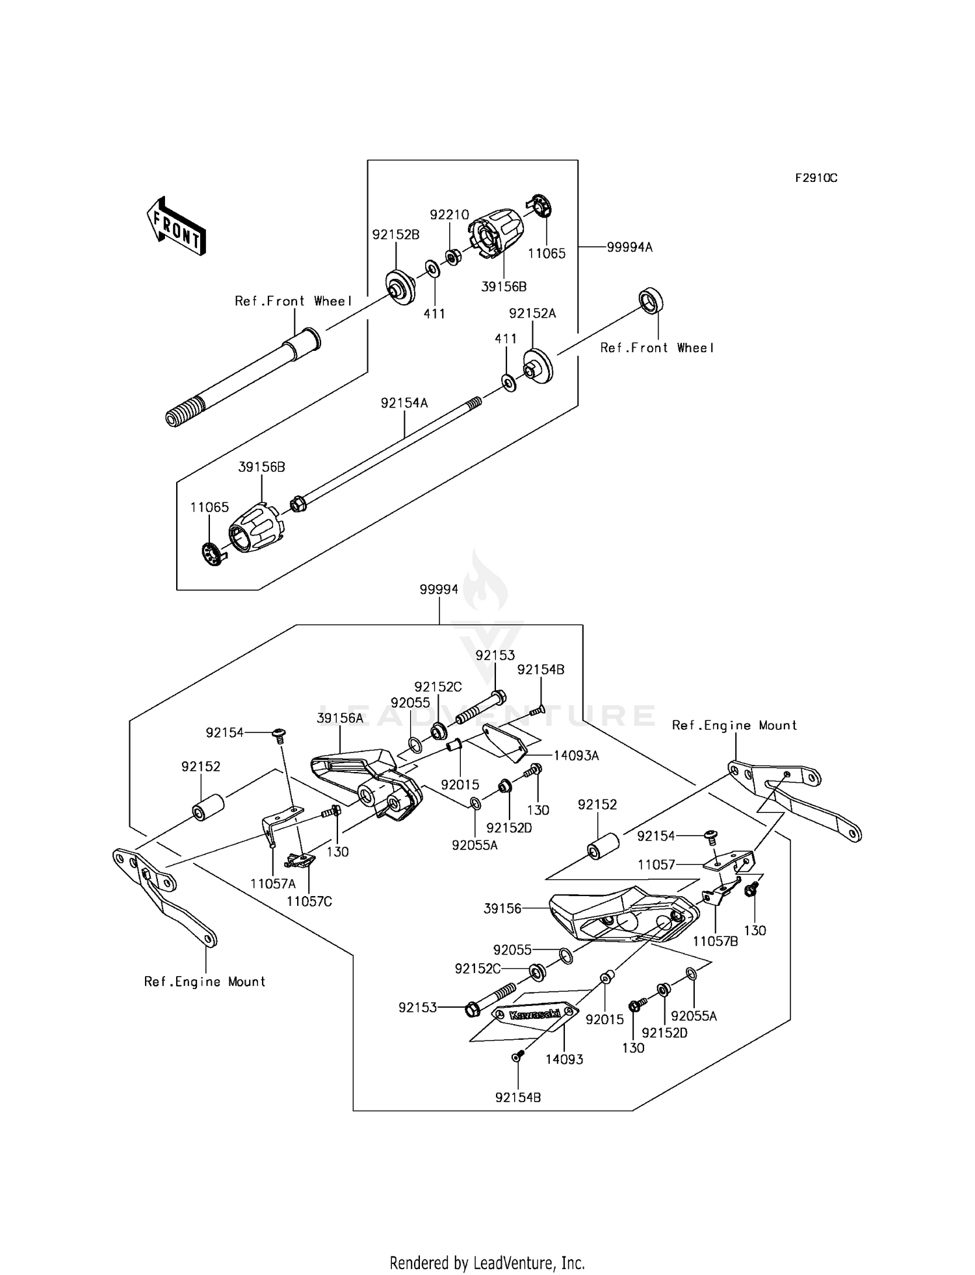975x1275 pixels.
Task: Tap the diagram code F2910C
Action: point(816,178)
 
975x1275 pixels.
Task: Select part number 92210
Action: point(449,214)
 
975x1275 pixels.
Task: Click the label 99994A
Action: point(629,247)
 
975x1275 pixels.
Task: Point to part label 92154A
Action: point(404,403)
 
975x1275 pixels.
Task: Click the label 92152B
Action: point(395,235)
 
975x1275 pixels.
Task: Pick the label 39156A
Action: point(340,718)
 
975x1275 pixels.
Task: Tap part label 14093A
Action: point(576,755)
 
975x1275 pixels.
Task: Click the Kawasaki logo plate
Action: point(535,1015)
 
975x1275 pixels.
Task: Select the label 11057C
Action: point(309,901)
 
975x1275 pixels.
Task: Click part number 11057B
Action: point(715,941)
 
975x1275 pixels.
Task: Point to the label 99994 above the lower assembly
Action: point(439,589)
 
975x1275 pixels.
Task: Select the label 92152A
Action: point(532,313)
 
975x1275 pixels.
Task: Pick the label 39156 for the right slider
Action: point(502,908)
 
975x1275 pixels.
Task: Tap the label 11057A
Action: point(273,883)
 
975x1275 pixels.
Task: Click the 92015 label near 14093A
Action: point(460,784)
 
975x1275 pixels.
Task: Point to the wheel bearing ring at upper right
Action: point(651,301)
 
